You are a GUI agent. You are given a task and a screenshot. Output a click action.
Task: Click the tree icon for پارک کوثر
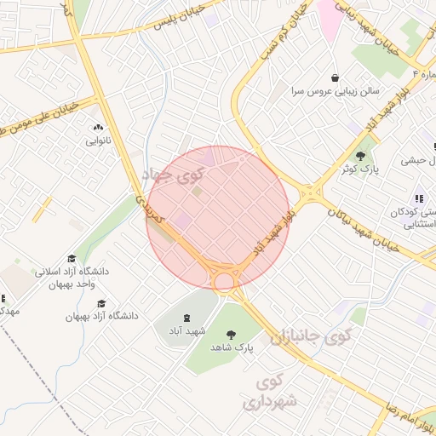(361, 157)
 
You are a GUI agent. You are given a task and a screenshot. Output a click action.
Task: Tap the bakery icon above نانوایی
(97, 125)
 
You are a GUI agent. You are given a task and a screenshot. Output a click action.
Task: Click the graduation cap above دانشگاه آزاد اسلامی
(72, 258)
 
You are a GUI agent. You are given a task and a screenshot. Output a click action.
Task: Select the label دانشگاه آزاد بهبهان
(101, 316)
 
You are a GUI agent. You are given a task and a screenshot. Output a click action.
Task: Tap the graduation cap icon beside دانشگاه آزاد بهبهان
(102, 303)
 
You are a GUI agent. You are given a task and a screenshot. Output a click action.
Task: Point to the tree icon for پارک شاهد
(232, 335)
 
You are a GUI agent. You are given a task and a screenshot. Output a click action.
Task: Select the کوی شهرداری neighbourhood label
(272, 390)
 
